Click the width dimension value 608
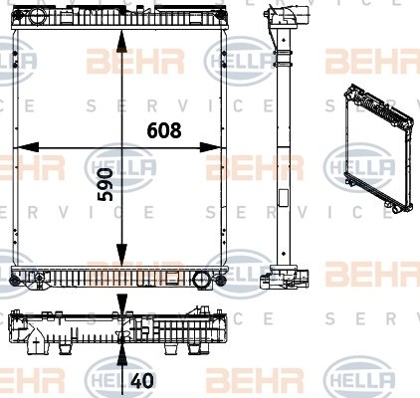click(x=164, y=130)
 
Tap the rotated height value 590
click(x=105, y=184)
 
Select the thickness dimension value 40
click(x=142, y=381)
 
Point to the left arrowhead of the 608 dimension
click(x=27, y=147)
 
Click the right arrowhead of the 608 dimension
click(x=211, y=147)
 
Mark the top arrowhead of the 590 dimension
click(x=122, y=41)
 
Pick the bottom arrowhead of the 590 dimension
click(x=122, y=255)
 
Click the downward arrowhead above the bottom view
click(x=122, y=303)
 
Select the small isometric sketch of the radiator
click(x=379, y=148)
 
